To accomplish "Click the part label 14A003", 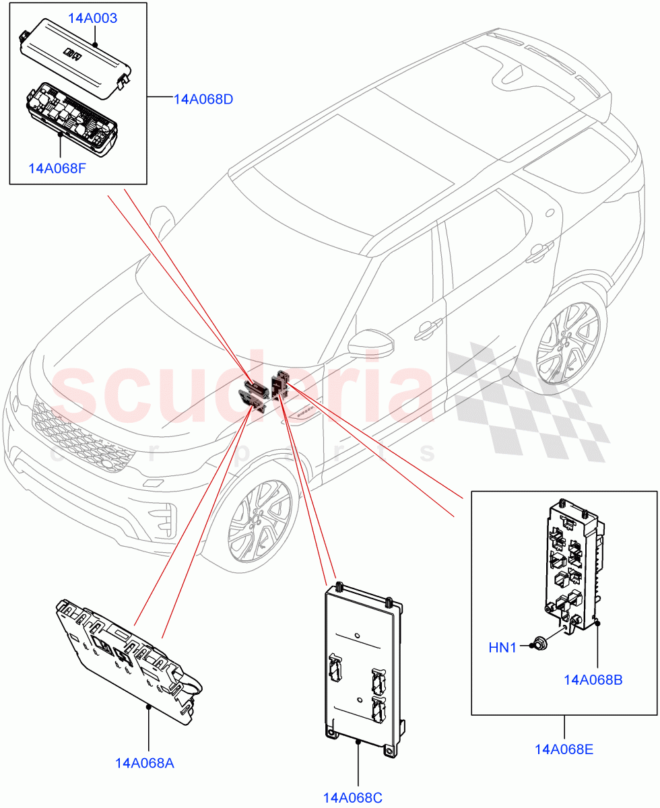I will [x=92, y=18].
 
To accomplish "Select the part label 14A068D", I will [x=203, y=100].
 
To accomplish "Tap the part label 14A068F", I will [x=57, y=167].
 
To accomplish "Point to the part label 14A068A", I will [x=145, y=763].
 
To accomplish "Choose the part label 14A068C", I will [x=352, y=798].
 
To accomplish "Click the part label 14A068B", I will [x=593, y=680].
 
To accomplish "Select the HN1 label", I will [x=502, y=648].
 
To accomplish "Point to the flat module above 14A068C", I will [x=364, y=667].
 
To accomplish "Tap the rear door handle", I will [x=537, y=253].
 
